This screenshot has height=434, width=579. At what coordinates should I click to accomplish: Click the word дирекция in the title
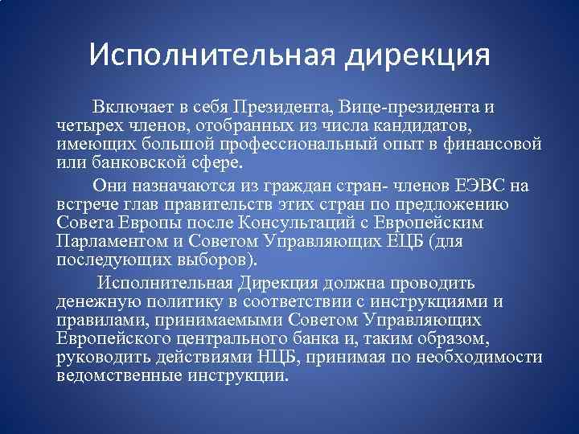point(418,57)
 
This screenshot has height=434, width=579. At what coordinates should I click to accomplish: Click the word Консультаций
point(289,222)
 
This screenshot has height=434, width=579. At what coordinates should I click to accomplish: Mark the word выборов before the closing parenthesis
point(215,259)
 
